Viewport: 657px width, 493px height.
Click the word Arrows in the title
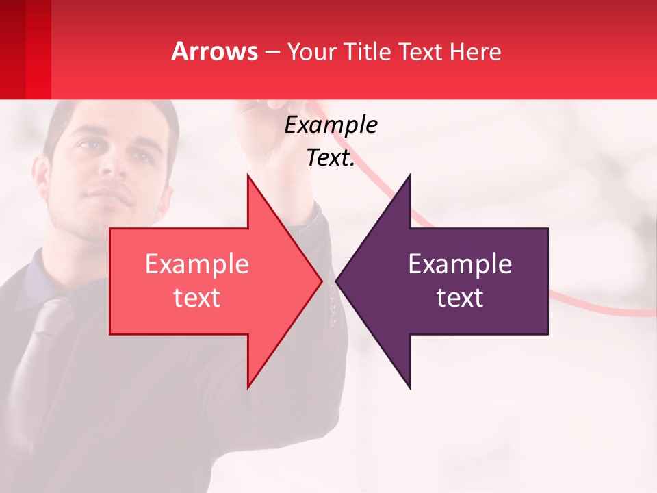point(215,51)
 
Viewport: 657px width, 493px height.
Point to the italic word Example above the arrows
point(331,125)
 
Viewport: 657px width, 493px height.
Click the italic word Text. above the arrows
point(331,158)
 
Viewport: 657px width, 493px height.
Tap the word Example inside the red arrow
point(197,264)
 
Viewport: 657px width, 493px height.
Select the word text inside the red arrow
point(197,298)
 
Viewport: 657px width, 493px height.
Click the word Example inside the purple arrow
point(460,264)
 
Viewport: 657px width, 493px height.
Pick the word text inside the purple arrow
point(460,298)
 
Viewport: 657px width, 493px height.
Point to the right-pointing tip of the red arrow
point(321,281)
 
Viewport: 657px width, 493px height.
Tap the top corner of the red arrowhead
point(248,175)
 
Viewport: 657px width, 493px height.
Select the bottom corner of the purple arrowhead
point(410,388)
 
